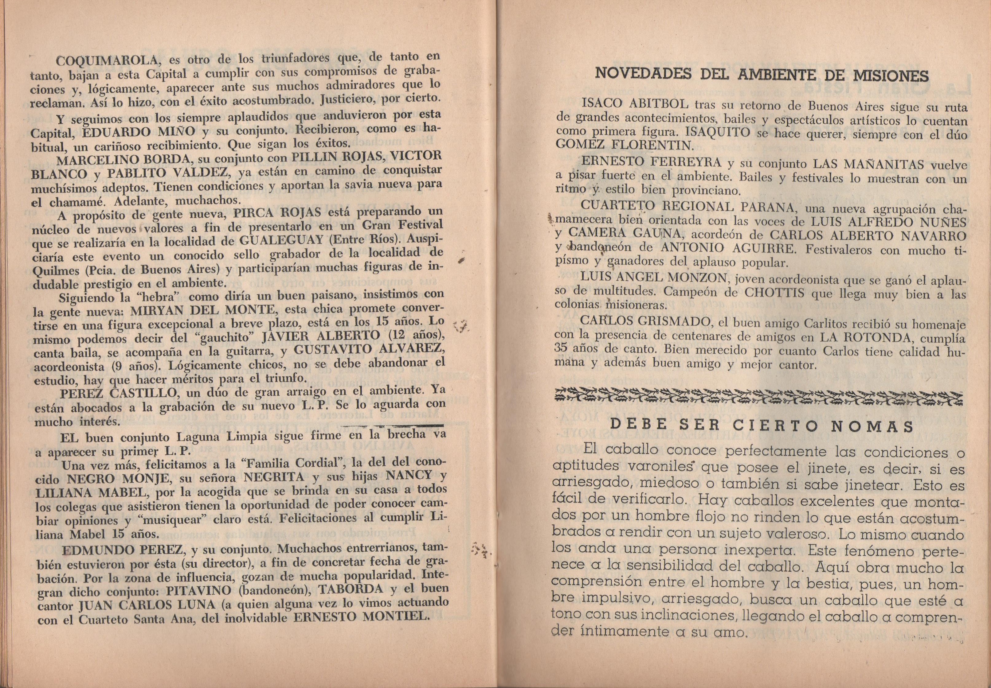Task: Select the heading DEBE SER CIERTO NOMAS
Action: click(762, 426)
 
